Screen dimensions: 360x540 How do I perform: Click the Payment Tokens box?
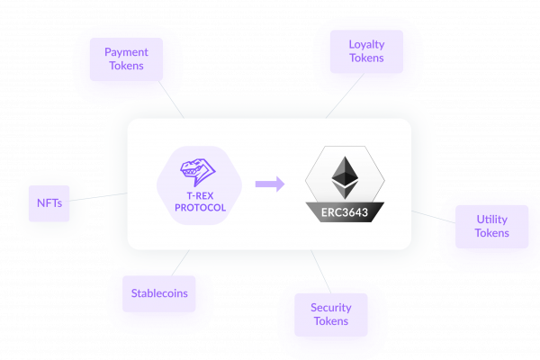[x=126, y=59]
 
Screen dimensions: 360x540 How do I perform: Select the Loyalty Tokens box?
[x=366, y=51]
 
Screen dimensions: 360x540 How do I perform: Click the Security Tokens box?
[x=330, y=314]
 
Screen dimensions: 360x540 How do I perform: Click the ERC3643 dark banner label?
[x=343, y=212]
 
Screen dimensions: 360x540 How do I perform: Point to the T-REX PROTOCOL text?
[x=199, y=201]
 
